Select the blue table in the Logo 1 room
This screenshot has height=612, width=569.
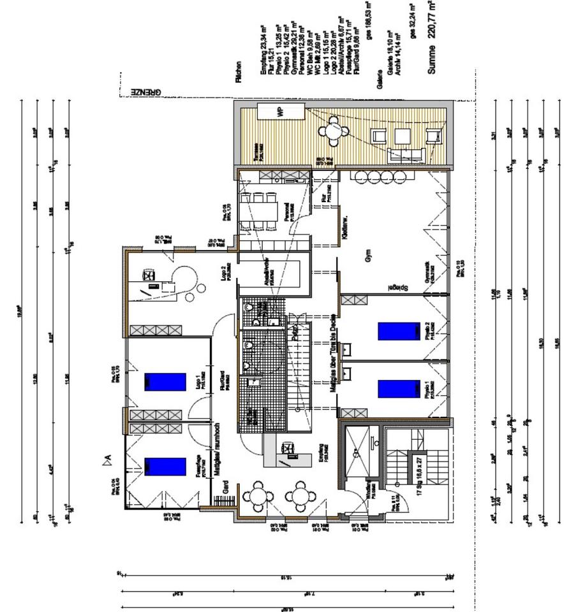click(165, 382)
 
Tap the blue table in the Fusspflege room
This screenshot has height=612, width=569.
click(165, 467)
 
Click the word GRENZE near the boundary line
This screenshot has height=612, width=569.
click(146, 92)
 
